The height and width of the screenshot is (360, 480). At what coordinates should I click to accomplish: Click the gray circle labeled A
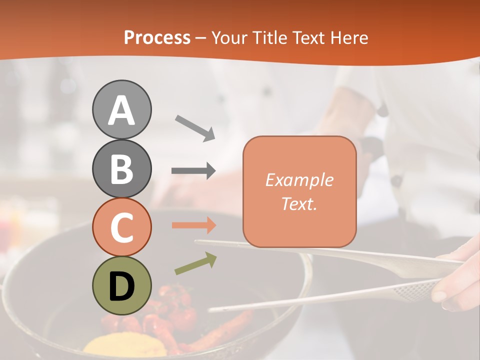point(121,109)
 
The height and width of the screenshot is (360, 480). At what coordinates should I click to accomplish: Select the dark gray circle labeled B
point(121,168)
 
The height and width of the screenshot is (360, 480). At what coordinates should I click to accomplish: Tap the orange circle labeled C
point(121,227)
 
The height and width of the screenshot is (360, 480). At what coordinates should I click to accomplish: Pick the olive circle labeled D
point(121,286)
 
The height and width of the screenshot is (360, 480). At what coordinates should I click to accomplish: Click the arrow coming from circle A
point(195,127)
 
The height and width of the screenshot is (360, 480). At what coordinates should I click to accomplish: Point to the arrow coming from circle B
point(193,171)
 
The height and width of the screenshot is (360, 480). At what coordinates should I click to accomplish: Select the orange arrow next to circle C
point(193,225)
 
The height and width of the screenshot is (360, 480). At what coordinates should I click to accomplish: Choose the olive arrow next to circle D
point(195,263)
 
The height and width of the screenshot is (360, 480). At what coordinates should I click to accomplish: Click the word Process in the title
point(157,37)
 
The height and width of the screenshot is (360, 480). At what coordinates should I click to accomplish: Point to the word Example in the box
point(299,180)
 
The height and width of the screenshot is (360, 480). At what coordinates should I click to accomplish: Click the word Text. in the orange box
point(299,203)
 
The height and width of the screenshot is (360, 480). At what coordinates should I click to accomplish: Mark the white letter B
point(121,168)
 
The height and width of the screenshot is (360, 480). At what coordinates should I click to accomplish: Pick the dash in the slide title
point(200,38)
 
